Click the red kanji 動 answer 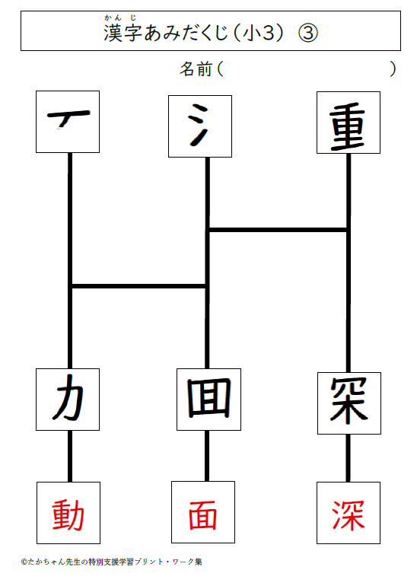point(68,515)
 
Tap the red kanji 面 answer point(203,515)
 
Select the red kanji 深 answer point(349,515)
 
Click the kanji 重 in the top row point(348,126)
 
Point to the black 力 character point(68,397)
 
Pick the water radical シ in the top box point(198,125)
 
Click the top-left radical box point(68,122)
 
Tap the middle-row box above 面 point(208,400)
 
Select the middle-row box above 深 point(349,403)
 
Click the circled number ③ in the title point(308,33)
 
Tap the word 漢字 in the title point(123,33)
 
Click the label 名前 point(196,68)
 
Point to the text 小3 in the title point(259,33)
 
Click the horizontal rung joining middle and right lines point(279,230)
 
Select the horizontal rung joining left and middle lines point(138,286)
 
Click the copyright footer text point(111,562)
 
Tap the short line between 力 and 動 point(70,456)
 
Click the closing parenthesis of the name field point(393,68)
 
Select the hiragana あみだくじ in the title point(186,33)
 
